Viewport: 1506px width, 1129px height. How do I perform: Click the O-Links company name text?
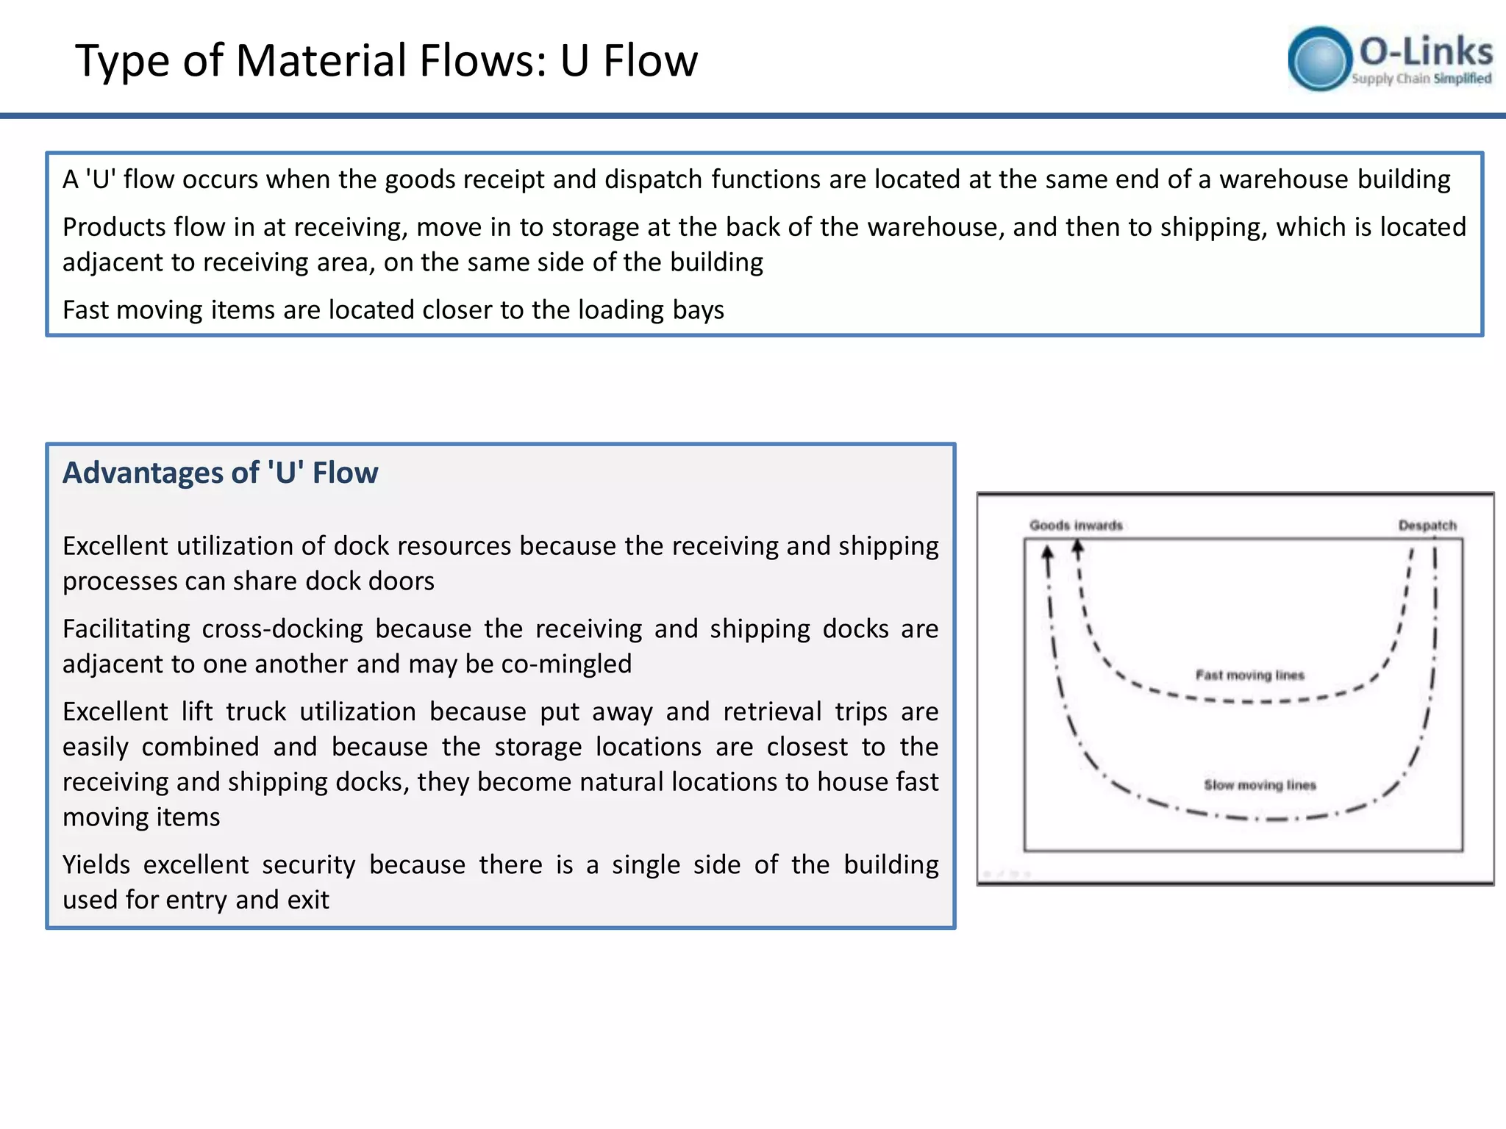pyautogui.click(x=1426, y=51)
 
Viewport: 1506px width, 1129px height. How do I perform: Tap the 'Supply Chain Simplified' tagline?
pyautogui.click(x=1421, y=79)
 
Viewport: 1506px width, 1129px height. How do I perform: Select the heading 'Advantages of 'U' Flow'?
pyautogui.click(x=221, y=473)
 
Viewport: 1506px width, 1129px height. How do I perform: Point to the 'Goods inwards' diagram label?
pyautogui.click(x=1076, y=526)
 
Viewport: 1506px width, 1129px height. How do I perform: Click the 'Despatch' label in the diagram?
pyautogui.click(x=1427, y=526)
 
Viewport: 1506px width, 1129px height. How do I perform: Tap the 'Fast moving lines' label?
pyautogui.click(x=1249, y=675)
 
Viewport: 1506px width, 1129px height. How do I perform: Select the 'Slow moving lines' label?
pyautogui.click(x=1260, y=785)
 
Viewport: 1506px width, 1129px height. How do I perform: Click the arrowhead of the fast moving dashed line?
pyautogui.click(x=1077, y=547)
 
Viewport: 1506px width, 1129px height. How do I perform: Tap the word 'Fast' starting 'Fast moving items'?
pyautogui.click(x=85, y=310)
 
